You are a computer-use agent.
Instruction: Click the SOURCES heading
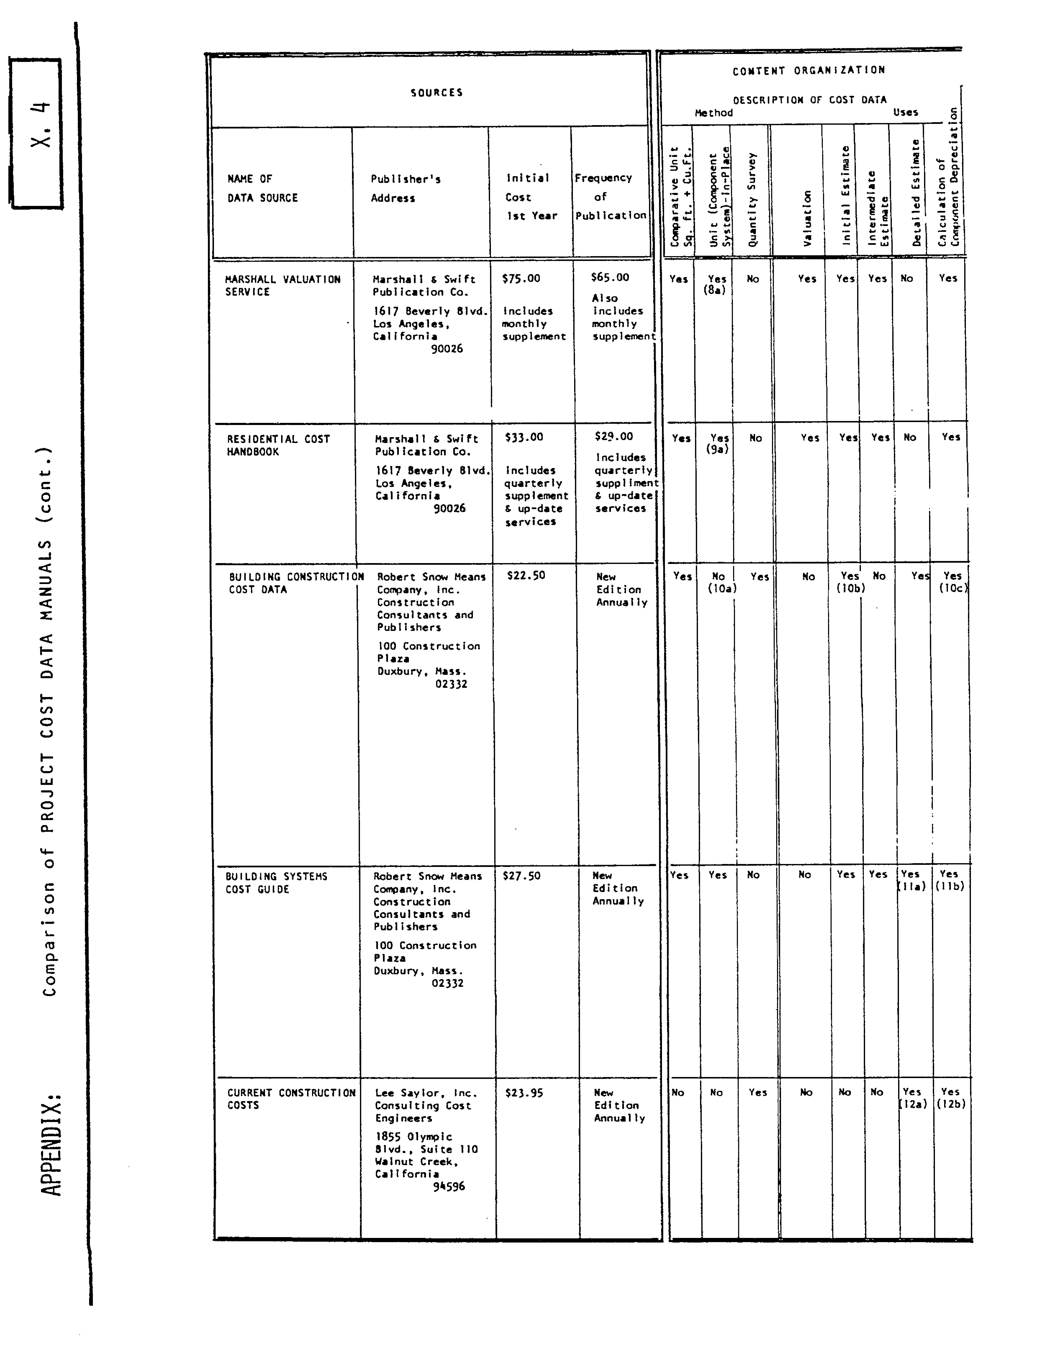[436, 92]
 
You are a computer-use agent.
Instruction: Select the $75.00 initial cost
[521, 278]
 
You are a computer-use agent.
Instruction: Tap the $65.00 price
[609, 277]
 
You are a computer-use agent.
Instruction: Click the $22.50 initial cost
[526, 575]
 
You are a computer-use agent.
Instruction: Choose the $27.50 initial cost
[521, 875]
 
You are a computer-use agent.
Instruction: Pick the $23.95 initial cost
[524, 1093]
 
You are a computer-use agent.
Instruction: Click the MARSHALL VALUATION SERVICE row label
[283, 285]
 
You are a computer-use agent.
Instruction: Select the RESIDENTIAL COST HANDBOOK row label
[278, 445]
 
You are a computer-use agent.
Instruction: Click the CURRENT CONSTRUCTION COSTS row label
[291, 1099]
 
